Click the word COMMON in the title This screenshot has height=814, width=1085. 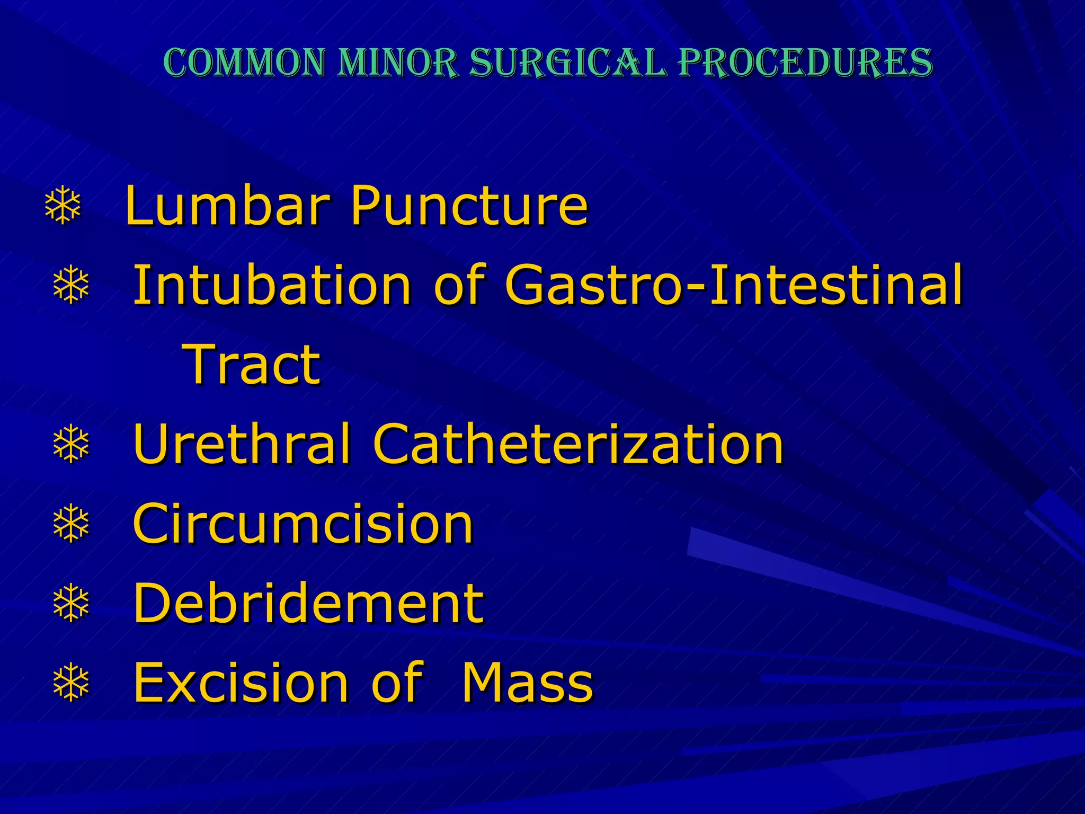click(x=244, y=63)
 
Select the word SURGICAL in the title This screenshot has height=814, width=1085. click(x=567, y=63)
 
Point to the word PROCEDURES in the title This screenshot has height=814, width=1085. click(x=805, y=63)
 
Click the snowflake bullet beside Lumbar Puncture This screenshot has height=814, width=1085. click(x=63, y=206)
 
